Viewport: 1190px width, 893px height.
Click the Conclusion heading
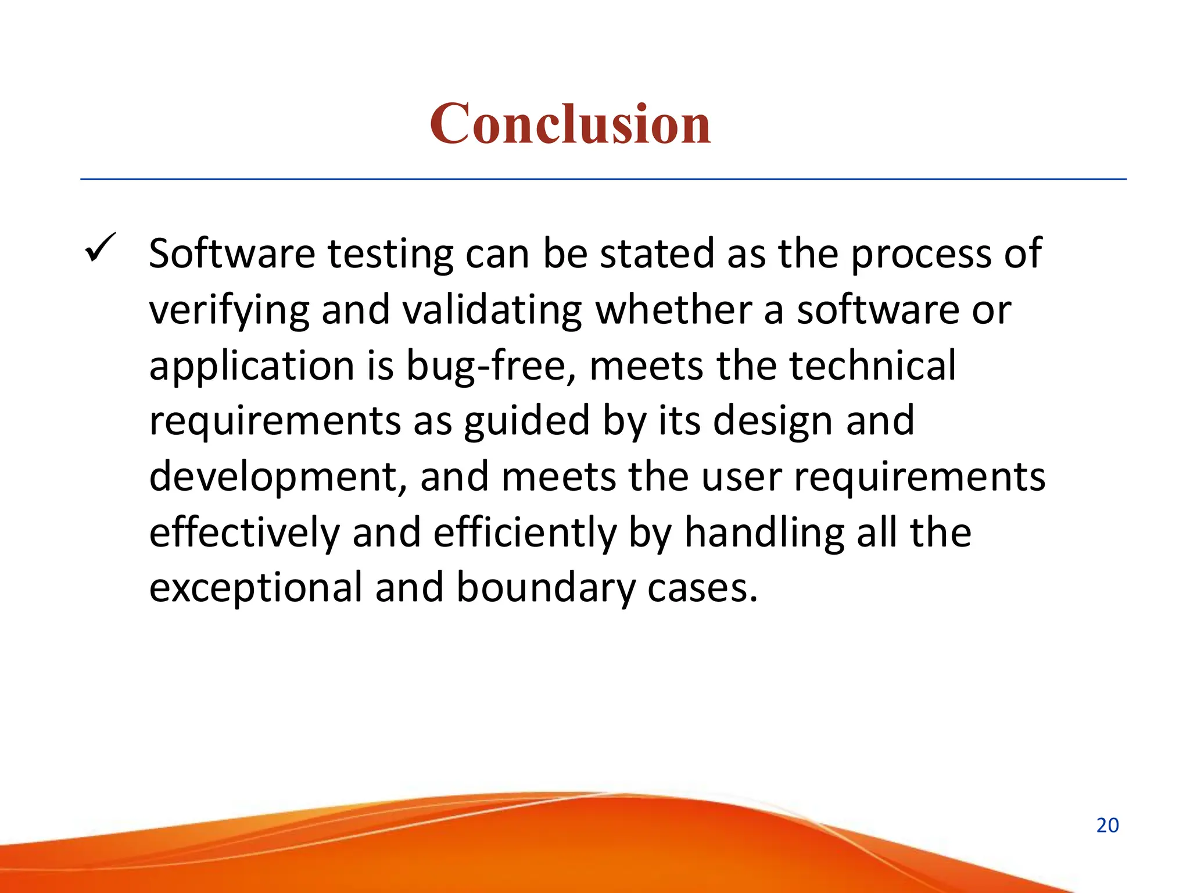point(570,124)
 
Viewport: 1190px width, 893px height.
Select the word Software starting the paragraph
point(232,254)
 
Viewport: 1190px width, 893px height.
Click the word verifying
point(229,311)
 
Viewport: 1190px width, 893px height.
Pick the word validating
point(492,310)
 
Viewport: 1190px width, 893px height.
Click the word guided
point(526,422)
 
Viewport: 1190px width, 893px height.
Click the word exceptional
point(256,588)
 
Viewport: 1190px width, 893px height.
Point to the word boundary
point(546,588)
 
